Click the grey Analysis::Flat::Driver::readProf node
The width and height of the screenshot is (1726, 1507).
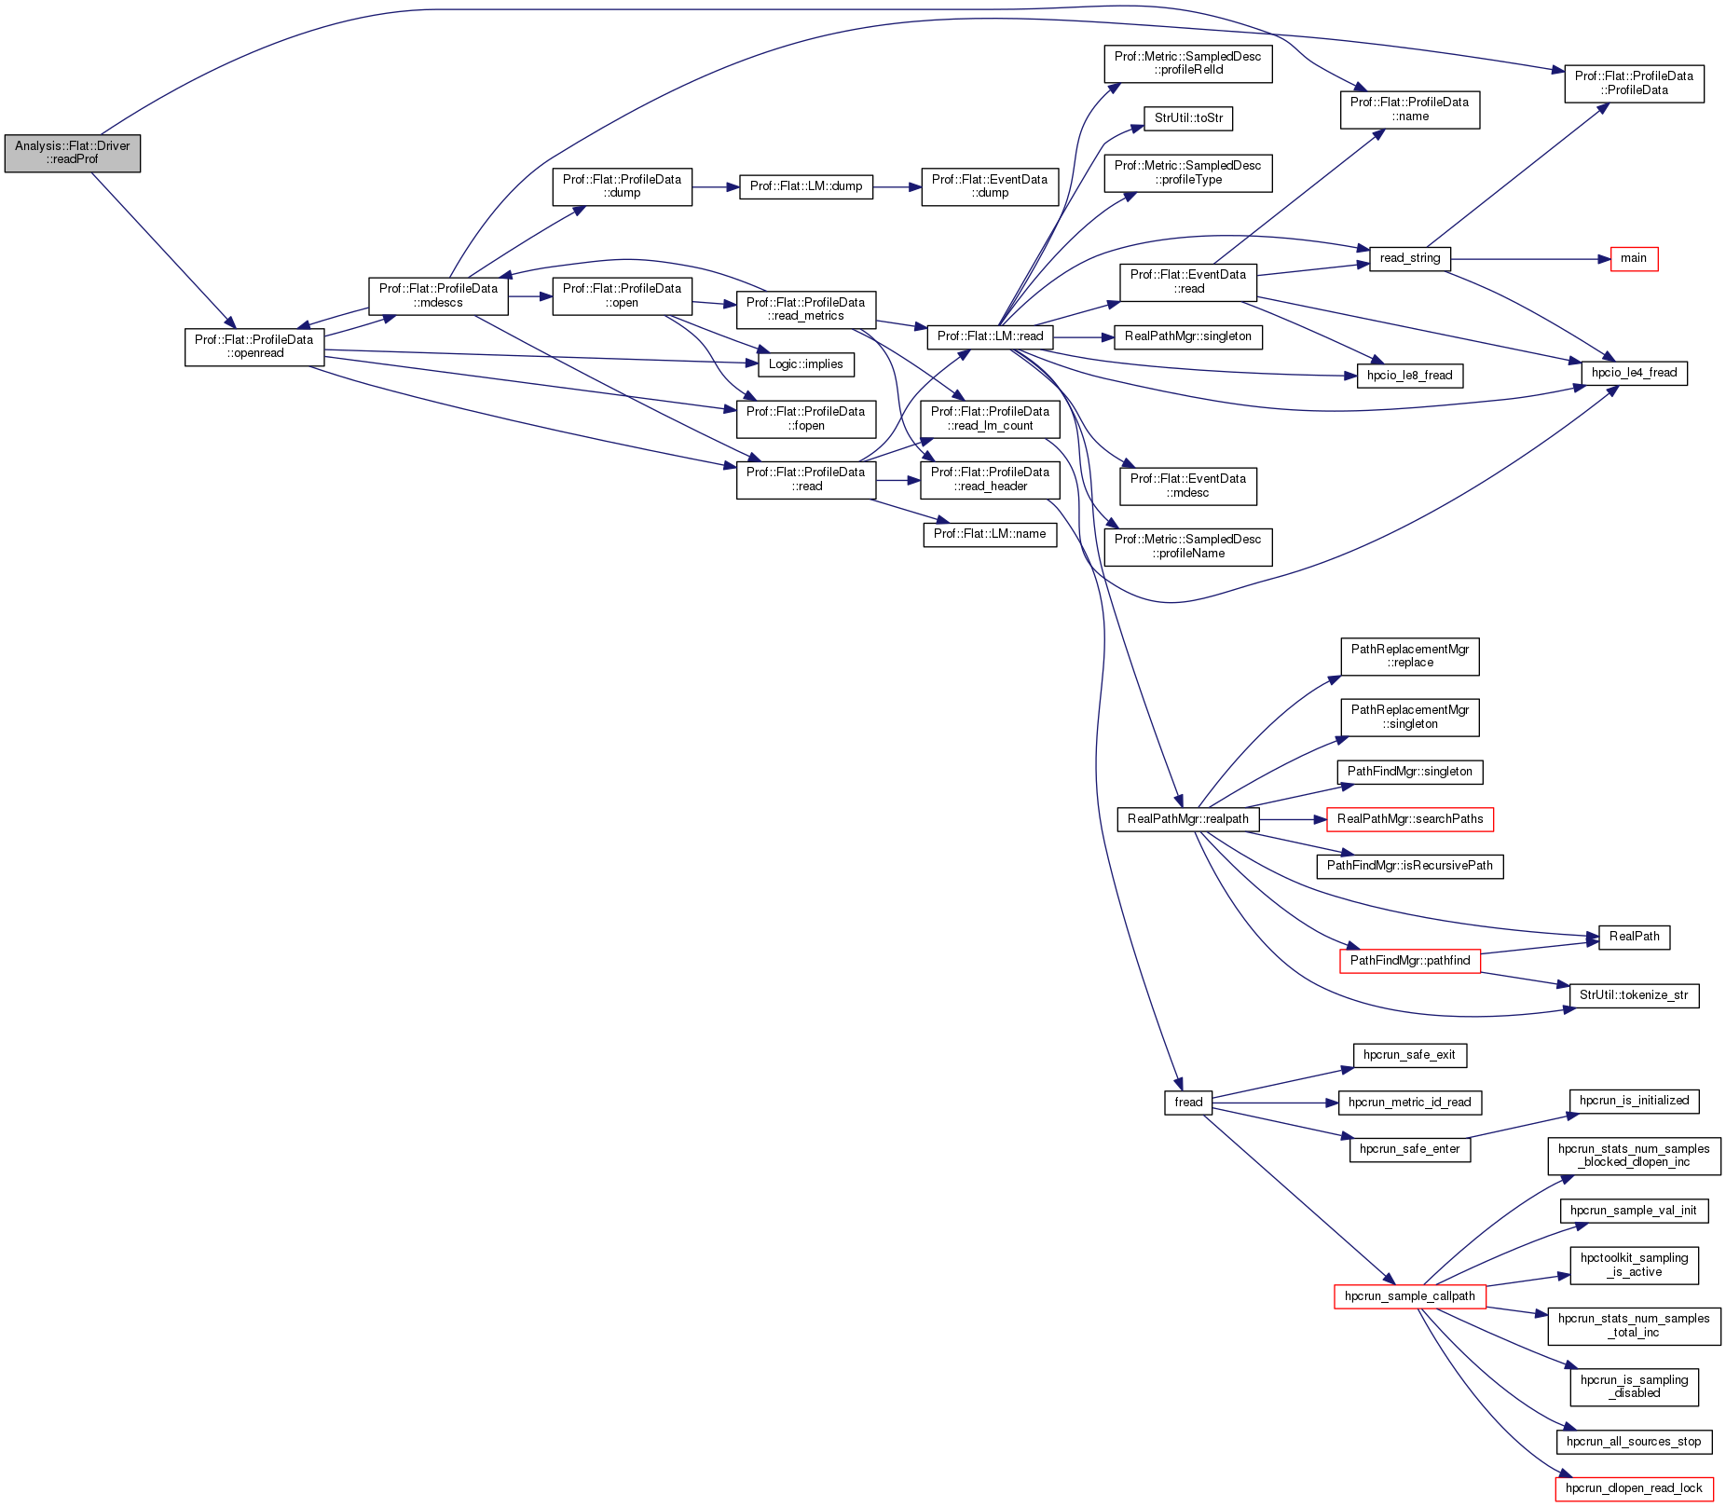pos(73,153)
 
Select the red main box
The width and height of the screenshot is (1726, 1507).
pos(1634,259)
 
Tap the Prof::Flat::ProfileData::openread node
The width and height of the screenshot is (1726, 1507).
pos(254,347)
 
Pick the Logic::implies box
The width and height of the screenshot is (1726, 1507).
pos(805,364)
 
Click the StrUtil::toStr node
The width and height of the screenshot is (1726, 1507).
pos(1188,118)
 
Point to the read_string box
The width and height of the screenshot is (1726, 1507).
pos(1410,258)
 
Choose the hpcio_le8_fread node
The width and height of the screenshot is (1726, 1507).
pos(1409,376)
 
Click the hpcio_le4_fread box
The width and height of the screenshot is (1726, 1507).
pos(1634,373)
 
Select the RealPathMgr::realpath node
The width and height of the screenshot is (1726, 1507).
pos(1187,819)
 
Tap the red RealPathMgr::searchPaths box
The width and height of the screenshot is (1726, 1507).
pos(1409,819)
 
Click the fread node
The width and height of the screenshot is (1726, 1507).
pos(1188,1103)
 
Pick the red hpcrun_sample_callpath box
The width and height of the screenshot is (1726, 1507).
pos(1409,1296)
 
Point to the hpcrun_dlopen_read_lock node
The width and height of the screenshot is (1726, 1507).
pos(1633,1488)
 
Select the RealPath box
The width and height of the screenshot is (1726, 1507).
pos(1634,937)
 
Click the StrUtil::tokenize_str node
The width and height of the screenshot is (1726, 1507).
pos(1633,995)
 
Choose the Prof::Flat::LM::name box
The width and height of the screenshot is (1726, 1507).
pos(990,534)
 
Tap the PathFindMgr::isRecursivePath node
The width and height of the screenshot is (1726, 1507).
pos(1409,866)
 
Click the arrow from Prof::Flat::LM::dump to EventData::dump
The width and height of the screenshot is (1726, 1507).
pos(897,187)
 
